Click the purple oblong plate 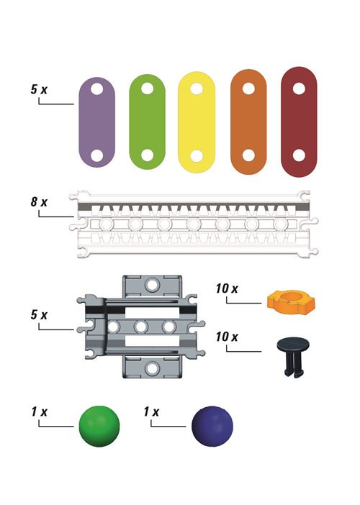pos(97,122)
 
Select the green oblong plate pos(148,122)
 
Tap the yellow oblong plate pos(197,122)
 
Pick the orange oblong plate pos(248,122)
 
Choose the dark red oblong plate pos(299,122)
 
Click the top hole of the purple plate pos(96,88)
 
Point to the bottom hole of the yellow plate pos(197,155)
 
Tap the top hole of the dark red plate pos(299,88)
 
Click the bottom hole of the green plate pos(148,155)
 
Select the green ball pos(99,426)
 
